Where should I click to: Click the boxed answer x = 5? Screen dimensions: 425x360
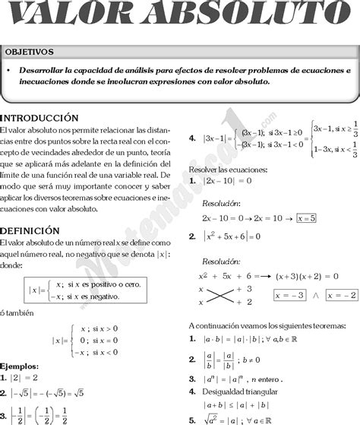click(x=307, y=217)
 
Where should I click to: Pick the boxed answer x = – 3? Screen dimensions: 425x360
click(x=292, y=294)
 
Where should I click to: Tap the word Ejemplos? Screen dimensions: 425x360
click(x=20, y=366)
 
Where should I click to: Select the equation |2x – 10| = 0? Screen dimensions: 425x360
click(x=228, y=182)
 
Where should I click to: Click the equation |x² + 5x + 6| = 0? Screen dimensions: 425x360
click(x=232, y=236)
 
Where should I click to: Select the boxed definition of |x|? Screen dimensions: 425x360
click(x=84, y=290)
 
